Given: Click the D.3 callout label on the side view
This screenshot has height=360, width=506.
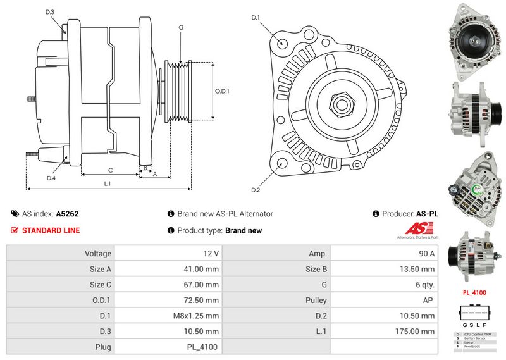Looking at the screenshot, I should coord(50,12).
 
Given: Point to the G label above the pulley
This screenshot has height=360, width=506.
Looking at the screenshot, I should coord(181,27).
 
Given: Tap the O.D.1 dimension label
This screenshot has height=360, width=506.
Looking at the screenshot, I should coord(222,91).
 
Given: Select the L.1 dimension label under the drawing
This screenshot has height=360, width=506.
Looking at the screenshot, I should coord(108,183).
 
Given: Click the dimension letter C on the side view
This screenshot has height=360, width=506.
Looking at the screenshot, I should coord(110,170).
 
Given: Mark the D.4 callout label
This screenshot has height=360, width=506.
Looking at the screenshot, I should coord(51,178).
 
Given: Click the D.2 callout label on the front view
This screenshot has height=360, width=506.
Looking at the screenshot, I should coord(256,190).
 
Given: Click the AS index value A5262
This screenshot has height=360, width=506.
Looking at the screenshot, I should coord(68,214).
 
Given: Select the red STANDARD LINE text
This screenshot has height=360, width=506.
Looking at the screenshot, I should coord(51,230).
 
